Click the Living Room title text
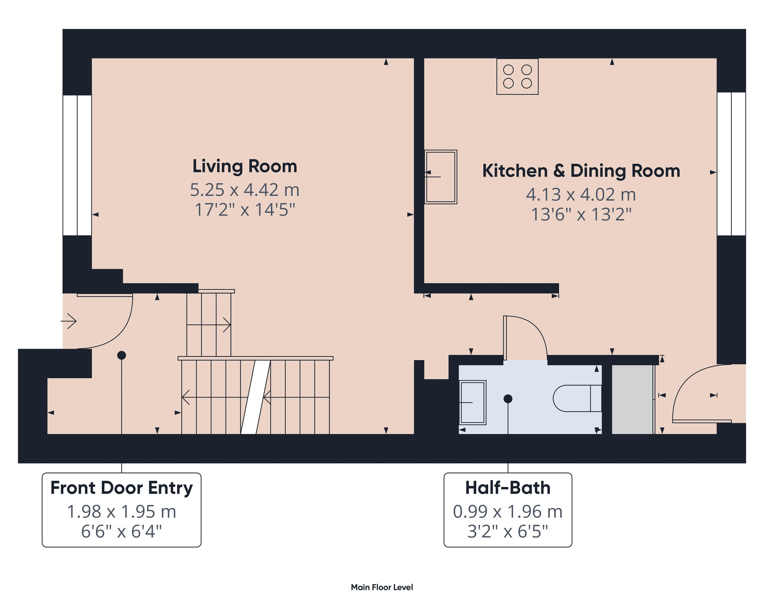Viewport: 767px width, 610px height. (245, 166)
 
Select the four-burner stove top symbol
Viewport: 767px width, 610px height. (517, 77)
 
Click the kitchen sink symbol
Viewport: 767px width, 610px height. (441, 177)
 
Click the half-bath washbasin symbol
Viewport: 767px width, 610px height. (473, 402)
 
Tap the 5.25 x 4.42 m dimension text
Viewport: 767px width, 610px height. (245, 190)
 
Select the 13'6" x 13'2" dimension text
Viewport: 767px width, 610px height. (581, 214)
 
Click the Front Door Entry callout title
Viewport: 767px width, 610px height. (121, 488)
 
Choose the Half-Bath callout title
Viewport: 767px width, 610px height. (508, 488)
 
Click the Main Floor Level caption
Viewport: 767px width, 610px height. (382, 587)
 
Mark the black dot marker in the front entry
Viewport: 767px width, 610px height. (122, 355)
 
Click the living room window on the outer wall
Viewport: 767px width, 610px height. (77, 165)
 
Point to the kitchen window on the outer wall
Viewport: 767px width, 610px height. (731, 164)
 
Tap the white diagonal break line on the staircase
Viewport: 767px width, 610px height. (256, 397)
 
